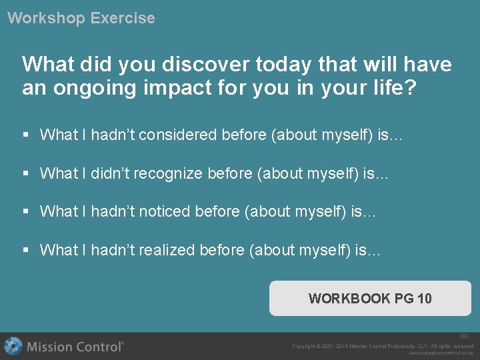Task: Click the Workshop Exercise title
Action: [x=81, y=18]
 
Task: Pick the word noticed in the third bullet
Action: [x=165, y=212]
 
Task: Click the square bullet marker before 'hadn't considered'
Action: [x=26, y=135]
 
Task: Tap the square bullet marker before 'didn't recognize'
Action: [x=26, y=174]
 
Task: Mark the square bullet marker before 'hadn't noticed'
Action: [x=26, y=212]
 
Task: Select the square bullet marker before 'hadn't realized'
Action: [x=26, y=251]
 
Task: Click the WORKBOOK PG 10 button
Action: [x=370, y=298]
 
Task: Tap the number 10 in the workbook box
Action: [x=424, y=299]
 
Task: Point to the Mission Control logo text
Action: [x=75, y=347]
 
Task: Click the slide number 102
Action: [x=464, y=337]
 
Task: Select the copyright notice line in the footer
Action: [x=383, y=346]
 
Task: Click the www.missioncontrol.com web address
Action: [x=441, y=353]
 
